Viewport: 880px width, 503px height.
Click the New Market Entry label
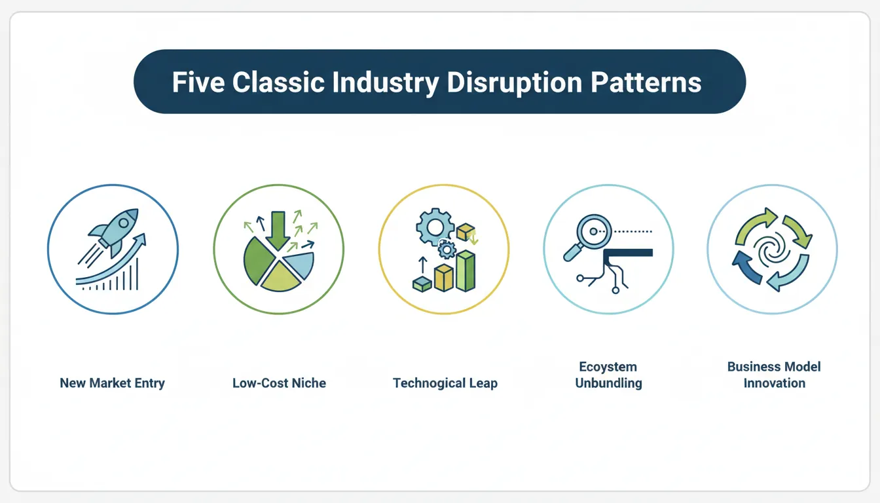pyautogui.click(x=112, y=383)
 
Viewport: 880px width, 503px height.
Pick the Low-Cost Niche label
pyautogui.click(x=279, y=383)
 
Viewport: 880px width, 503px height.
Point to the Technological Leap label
pyautogui.click(x=445, y=383)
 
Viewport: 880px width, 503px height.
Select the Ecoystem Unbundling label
pyautogui.click(x=608, y=375)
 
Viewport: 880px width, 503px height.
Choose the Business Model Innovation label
pyautogui.click(x=773, y=375)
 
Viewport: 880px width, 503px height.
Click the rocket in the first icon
pyautogui.click(x=119, y=229)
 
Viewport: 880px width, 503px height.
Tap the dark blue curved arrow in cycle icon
pyautogui.click(x=746, y=269)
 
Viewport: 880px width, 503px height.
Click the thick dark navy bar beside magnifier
pyautogui.click(x=628, y=252)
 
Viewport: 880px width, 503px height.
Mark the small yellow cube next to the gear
pyautogui.click(x=466, y=231)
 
